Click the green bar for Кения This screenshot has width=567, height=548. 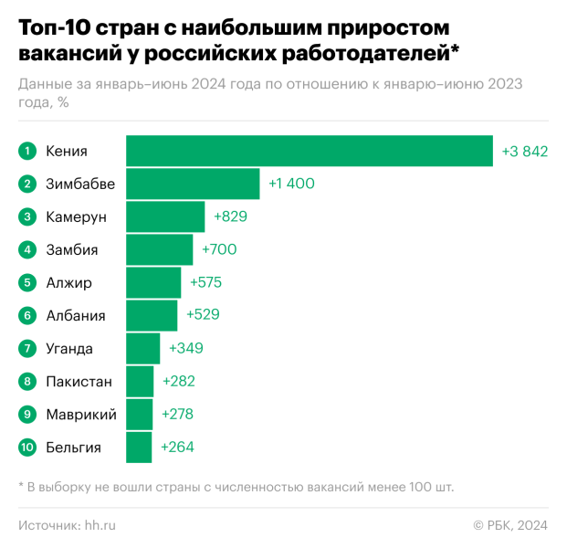click(x=310, y=151)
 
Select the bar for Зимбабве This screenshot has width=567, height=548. click(x=193, y=184)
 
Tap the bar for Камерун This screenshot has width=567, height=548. click(x=165, y=216)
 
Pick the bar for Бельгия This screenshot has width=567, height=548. click(x=139, y=448)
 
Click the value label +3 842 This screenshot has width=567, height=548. click(x=524, y=151)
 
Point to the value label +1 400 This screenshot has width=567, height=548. click(x=291, y=184)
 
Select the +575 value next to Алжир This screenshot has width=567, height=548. click(x=205, y=282)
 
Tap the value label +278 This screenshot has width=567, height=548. click(x=177, y=415)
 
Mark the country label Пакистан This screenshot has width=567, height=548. click(x=79, y=382)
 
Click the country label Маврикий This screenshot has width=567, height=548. click(x=80, y=415)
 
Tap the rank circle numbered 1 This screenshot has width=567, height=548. click(x=28, y=151)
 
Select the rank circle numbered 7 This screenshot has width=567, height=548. click(x=28, y=348)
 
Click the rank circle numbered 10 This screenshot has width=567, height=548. click(x=28, y=448)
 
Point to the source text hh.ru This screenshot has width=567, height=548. click(x=100, y=524)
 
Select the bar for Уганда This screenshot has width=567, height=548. click(x=142, y=348)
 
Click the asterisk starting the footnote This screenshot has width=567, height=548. click(x=21, y=485)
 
